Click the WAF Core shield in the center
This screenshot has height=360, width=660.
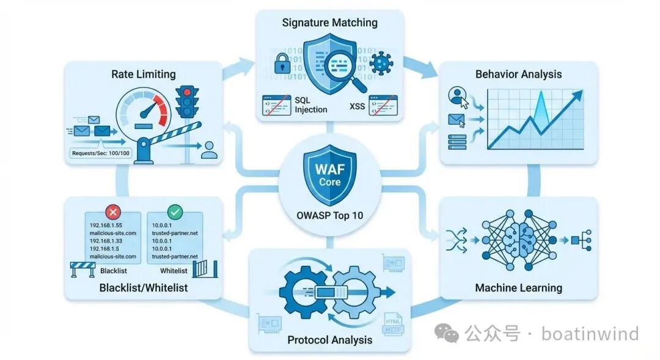click(329, 174)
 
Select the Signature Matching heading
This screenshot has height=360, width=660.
click(329, 23)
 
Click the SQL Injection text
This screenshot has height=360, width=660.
click(310, 105)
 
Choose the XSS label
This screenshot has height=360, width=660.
click(357, 106)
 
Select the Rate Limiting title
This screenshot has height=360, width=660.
click(143, 75)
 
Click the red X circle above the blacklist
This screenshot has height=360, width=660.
click(113, 212)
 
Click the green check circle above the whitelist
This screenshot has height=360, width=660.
click(175, 212)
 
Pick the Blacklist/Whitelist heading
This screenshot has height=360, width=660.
click(143, 287)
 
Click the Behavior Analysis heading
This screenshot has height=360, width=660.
click(518, 75)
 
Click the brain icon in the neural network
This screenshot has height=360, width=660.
click(518, 240)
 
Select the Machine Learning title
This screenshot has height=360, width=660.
click(518, 287)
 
